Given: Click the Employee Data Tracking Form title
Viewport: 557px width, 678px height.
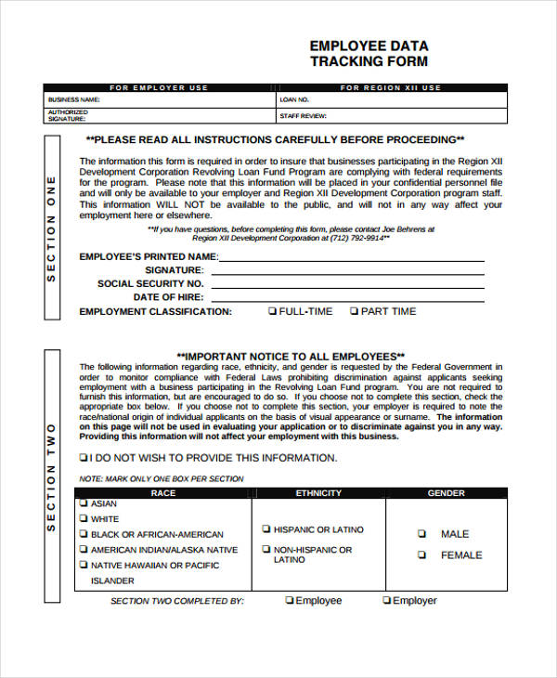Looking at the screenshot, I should point(369,54).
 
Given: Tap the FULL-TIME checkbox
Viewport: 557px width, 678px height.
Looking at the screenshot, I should point(272,311).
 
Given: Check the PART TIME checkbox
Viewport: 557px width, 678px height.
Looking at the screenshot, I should point(354,311).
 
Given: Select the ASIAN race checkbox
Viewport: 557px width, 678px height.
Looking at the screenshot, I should point(84,504).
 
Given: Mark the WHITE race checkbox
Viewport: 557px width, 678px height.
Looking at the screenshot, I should point(84,519).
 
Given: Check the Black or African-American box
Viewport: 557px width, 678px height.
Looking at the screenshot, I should point(84,534).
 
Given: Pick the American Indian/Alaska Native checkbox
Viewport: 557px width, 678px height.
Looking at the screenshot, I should point(84,550).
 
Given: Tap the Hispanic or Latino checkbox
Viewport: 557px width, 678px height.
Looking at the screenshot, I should point(266,529).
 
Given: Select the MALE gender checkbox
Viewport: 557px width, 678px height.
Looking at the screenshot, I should point(421,534).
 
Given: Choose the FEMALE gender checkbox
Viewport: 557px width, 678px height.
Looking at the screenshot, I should point(421,554).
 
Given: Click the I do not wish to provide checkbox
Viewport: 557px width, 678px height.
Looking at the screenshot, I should point(84,458).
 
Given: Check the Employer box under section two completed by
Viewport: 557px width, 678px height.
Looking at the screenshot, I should point(386,601).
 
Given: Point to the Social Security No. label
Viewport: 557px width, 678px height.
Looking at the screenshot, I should point(150,283).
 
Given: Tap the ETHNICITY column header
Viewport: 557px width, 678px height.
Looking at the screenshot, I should point(318,493).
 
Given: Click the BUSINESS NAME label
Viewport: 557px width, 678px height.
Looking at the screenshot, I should point(74,99).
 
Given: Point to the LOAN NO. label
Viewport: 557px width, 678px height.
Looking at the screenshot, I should point(294,99).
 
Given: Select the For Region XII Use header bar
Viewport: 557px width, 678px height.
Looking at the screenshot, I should point(391,87).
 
